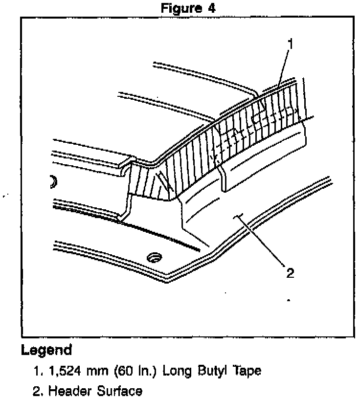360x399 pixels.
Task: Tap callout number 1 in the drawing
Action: pyautogui.click(x=291, y=45)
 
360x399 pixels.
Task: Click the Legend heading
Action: pyautogui.click(x=47, y=351)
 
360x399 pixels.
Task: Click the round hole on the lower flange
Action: pyautogui.click(x=155, y=257)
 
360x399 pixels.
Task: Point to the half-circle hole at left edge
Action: pyautogui.click(x=53, y=182)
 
